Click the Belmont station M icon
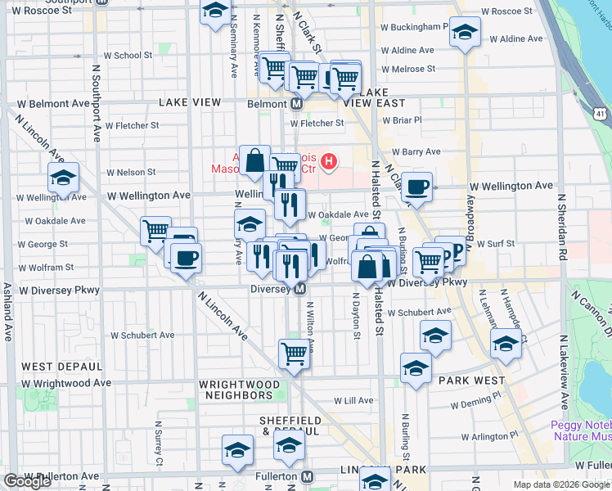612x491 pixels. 297,104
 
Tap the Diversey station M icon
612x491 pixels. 300,289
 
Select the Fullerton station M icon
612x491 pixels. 307,476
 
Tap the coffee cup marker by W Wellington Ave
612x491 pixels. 417,187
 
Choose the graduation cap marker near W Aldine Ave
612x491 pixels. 465,34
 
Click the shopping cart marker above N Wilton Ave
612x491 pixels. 294,354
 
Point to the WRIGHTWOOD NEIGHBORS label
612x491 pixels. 239,390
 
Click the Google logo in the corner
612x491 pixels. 27,481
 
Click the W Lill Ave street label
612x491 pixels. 353,401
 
